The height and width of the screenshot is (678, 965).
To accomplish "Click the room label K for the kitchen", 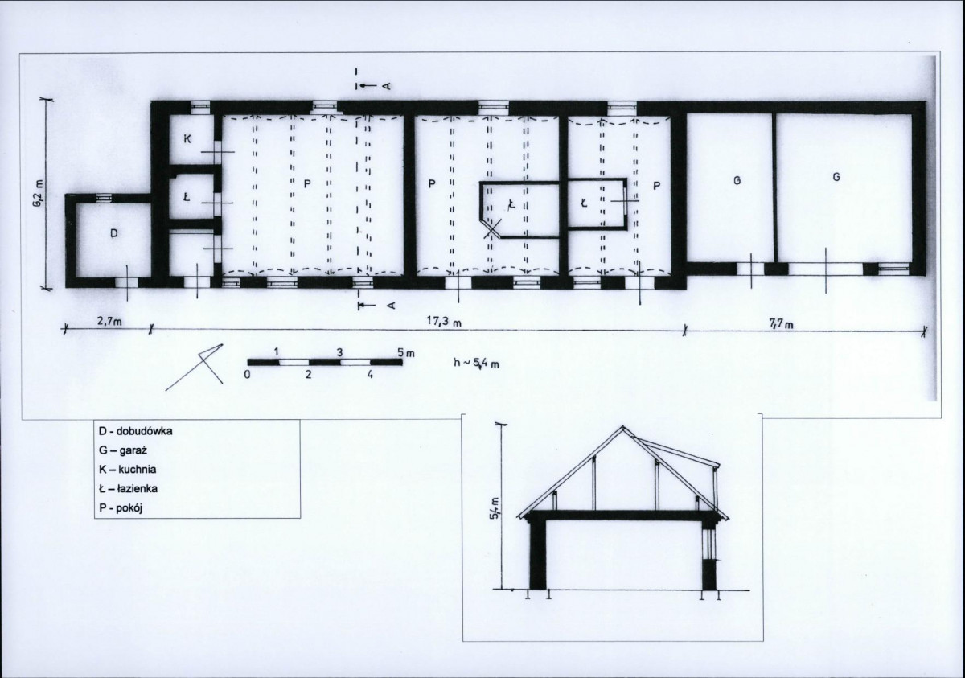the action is click(187, 138).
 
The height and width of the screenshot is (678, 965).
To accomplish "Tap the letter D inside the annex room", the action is click(113, 233).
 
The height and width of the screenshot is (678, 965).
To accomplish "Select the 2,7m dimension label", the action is click(109, 322).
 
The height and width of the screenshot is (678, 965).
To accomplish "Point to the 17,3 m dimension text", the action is click(444, 322).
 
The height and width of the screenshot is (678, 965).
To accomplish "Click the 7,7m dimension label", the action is click(781, 324).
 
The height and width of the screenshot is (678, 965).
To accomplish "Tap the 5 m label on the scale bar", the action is click(405, 353).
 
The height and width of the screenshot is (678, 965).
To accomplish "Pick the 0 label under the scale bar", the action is click(247, 374).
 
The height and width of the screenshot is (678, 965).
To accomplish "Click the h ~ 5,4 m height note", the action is click(476, 363).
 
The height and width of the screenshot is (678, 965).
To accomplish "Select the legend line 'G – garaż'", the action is click(123, 450).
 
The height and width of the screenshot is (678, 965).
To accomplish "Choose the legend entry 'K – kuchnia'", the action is click(128, 470).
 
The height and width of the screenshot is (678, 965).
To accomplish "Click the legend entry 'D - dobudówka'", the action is click(136, 431).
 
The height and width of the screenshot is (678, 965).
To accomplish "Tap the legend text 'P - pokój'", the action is click(121, 508).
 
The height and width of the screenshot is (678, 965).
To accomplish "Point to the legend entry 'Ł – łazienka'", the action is click(128, 489).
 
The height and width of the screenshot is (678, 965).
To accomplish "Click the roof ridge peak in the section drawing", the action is click(622, 427).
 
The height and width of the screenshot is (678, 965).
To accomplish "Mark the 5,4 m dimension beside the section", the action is click(495, 509).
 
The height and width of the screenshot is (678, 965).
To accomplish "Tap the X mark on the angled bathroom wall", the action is click(492, 228).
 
